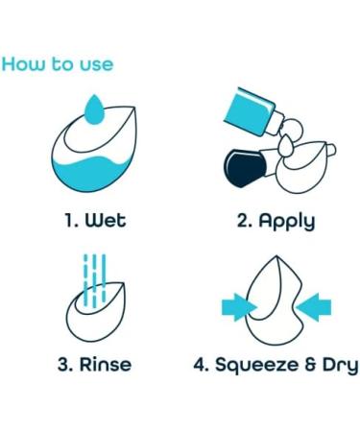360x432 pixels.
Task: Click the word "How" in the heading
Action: [x=23, y=64]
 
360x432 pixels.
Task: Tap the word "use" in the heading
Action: [x=94, y=64]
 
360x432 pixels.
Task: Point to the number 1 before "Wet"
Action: [x=70, y=220]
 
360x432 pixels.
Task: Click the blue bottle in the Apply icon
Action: [x=252, y=108]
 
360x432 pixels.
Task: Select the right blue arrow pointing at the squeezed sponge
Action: [x=314, y=306]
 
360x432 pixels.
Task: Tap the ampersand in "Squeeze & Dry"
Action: [x=308, y=365]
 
